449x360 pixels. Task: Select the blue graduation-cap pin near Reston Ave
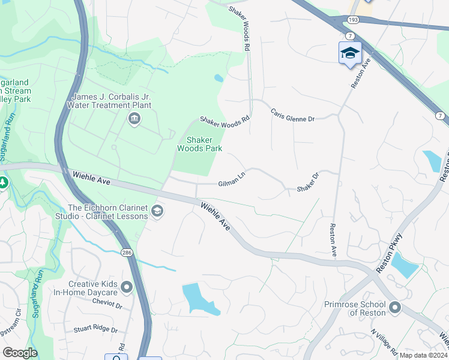(350, 53)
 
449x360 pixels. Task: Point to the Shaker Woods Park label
(200, 144)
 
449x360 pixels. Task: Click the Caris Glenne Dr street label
(292, 115)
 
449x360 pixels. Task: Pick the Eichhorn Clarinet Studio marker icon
(157, 211)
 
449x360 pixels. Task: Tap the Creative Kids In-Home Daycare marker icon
(127, 288)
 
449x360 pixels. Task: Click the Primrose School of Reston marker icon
(394, 308)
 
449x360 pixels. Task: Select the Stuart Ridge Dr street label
(96, 329)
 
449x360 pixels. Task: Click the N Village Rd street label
(383, 339)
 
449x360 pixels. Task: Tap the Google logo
(20, 352)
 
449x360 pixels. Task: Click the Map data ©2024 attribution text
(423, 355)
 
